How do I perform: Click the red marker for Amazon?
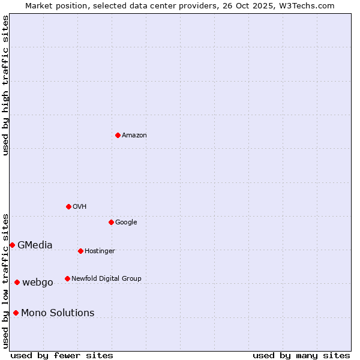[118, 135]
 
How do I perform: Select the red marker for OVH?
[68, 206]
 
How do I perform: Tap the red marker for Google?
[111, 222]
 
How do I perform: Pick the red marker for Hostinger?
[80, 251]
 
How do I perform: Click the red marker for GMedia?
[12, 245]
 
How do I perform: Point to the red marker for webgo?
[17, 282]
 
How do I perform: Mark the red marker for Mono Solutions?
[16, 313]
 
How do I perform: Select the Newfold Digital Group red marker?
[67, 278]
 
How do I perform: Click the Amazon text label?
[134, 136]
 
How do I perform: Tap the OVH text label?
[80, 207]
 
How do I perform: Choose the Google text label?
[126, 223]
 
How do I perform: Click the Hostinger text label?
[100, 251]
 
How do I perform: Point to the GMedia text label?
[35, 245]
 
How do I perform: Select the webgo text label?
[38, 283]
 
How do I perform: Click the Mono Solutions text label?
[58, 313]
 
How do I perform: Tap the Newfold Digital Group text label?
[106, 279]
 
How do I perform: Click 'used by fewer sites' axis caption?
[62, 355]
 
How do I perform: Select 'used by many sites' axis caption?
[301, 355]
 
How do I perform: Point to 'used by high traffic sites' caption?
[5, 85]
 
